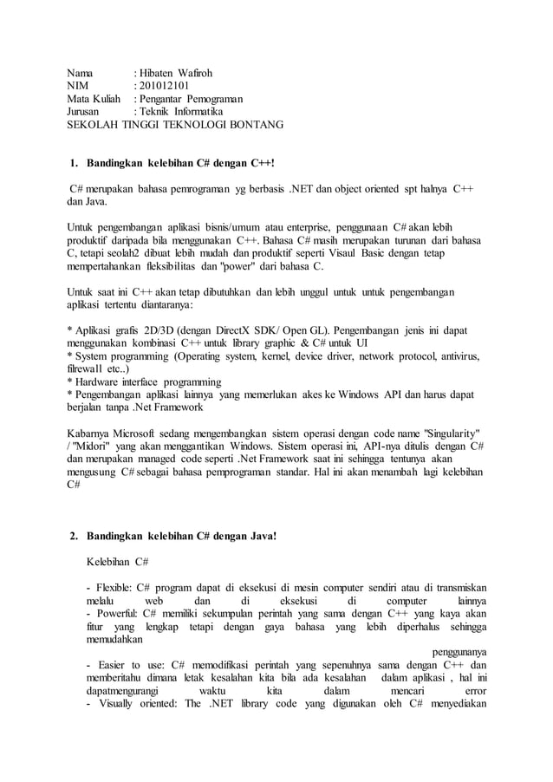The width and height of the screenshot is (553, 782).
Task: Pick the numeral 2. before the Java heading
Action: pos(75,536)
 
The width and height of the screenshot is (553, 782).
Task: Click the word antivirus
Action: pos(456,356)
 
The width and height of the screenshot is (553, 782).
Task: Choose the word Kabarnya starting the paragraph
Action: pos(93,433)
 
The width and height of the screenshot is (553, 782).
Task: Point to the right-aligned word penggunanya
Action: pos(459,652)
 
